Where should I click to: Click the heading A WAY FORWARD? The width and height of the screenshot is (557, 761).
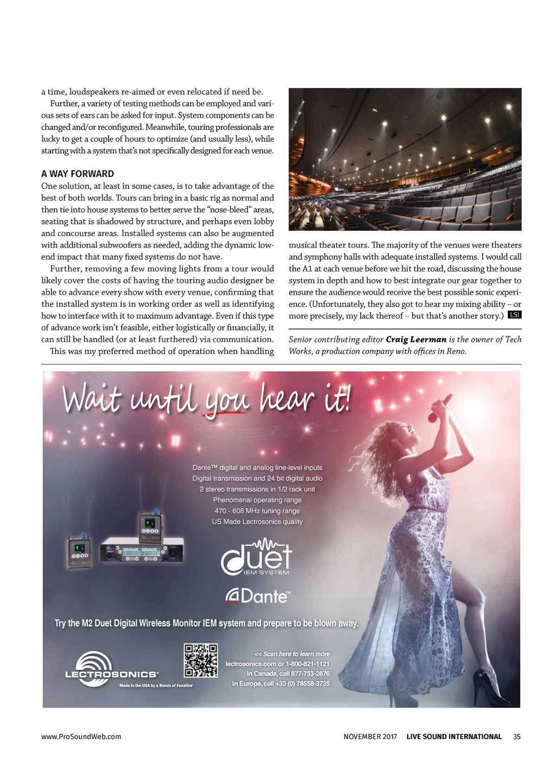coord(78,174)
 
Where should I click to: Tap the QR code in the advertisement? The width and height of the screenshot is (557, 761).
coord(201,660)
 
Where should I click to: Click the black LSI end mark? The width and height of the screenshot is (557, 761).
coord(514,315)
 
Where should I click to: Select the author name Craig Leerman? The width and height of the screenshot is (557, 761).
coord(416,339)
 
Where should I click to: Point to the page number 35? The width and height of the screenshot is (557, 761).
coord(517,736)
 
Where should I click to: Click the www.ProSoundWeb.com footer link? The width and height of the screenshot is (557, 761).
coord(81,736)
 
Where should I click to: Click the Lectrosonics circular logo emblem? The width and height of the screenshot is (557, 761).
coord(95,667)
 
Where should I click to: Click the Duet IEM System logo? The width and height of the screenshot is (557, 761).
coord(257,557)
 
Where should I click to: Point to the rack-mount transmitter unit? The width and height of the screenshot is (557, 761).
coord(142,551)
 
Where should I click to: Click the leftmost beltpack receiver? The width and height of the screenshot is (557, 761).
coord(80,551)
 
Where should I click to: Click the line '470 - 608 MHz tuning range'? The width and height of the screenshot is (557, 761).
coord(257,511)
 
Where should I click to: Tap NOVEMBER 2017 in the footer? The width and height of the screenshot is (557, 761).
coord(370,736)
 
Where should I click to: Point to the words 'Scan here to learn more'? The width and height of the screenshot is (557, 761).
coord(296,654)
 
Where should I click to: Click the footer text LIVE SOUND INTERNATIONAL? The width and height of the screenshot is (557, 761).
coord(454,736)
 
